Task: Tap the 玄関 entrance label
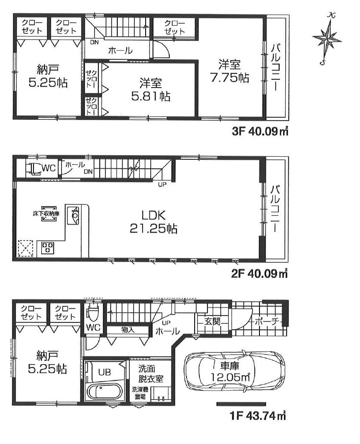pos(212,321)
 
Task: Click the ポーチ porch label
pos(267,321)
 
